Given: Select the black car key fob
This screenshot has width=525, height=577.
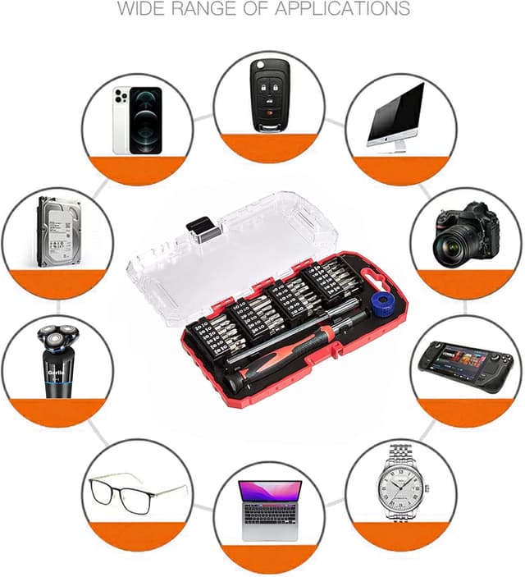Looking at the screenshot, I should [x=268, y=94].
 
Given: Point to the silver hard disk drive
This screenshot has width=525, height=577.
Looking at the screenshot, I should [x=60, y=234].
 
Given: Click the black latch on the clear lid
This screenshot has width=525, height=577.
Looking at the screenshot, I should [x=199, y=226].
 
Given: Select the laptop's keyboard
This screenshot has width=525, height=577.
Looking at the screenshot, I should [x=269, y=515].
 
